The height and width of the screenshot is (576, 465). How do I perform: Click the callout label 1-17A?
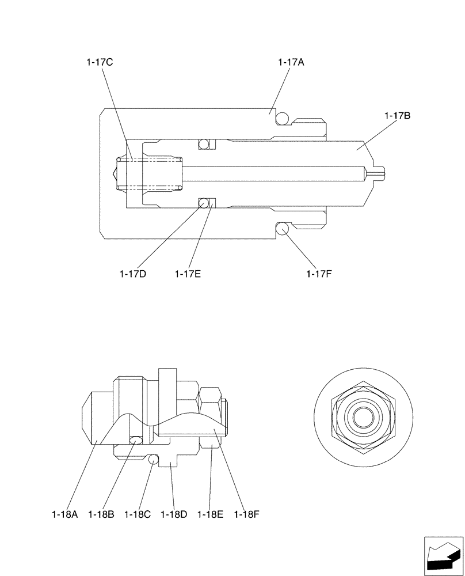(291, 63)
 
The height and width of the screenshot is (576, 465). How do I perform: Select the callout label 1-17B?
(397, 116)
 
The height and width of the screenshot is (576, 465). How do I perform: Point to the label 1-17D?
(133, 274)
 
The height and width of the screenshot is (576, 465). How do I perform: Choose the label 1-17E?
(188, 274)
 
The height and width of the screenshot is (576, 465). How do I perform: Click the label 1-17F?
(319, 274)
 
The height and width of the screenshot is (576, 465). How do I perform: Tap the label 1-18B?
(101, 514)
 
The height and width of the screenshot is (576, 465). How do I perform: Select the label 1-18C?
(137, 514)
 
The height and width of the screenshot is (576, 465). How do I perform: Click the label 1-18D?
(174, 514)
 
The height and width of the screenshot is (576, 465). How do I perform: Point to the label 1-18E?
(210, 514)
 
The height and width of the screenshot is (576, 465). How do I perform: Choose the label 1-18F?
(247, 514)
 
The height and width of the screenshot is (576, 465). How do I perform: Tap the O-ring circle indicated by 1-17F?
(282, 229)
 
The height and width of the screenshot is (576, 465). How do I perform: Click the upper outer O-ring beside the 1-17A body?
(282, 118)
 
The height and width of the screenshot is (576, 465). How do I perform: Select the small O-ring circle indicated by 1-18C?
(153, 460)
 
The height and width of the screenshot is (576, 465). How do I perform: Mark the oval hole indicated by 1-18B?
(135, 441)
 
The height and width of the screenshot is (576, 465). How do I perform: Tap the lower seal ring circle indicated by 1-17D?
(203, 202)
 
